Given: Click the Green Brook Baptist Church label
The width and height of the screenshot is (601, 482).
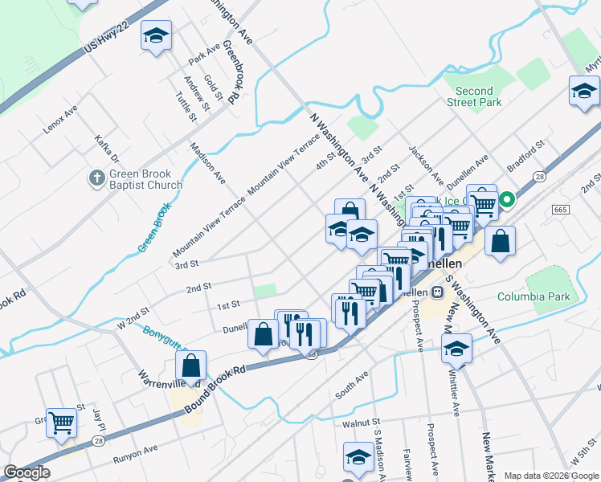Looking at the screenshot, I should pos(146,179).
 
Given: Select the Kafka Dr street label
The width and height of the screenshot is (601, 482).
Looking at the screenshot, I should pos(106,148).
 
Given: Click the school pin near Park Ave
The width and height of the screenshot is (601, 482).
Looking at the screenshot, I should pos(157,36).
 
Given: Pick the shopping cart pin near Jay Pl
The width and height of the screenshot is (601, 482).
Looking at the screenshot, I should pos(61,422).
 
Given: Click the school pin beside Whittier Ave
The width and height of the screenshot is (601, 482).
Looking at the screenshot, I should pos(456,349).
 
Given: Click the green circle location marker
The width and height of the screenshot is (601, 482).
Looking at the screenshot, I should pos(507,198).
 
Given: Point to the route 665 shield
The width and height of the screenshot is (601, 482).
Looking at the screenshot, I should pos(561,209).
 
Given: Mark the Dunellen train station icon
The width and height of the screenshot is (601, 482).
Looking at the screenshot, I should pos(438,292).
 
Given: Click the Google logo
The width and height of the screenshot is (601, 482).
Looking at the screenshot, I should pos(27,472).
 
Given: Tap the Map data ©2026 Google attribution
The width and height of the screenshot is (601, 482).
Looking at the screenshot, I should pos(551,476).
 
